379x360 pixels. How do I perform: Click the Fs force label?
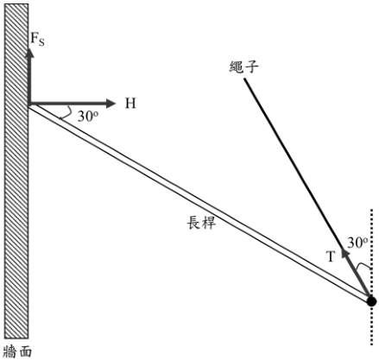[37, 40]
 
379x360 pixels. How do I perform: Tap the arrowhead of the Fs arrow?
[29, 53]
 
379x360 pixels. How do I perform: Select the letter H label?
[130, 104]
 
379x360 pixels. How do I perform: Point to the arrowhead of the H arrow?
[111, 104]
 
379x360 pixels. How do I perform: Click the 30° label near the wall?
[88, 117]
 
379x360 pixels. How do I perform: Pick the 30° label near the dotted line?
[357, 243]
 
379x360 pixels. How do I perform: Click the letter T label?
[332, 256]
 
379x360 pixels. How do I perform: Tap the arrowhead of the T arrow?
[345, 254]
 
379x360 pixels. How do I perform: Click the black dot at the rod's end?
[371, 301]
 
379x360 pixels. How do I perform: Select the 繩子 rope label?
[243, 66]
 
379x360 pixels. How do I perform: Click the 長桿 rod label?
[201, 223]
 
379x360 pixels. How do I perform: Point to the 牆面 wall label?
[17, 351]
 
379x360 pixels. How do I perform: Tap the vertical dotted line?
[372, 277]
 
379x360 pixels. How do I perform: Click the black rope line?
[293, 163]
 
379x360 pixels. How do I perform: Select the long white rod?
[199, 203]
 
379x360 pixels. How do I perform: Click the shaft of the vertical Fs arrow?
[29, 80]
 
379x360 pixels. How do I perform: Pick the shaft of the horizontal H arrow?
[67, 104]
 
